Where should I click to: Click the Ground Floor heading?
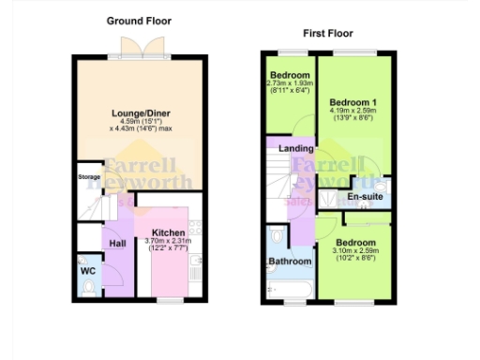[x=139, y=21]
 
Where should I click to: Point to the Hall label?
[x=117, y=244]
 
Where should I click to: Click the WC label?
[x=88, y=271]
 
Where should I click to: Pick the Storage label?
[x=89, y=175]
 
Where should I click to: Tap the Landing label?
[x=296, y=150]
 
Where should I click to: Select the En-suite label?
[x=365, y=198]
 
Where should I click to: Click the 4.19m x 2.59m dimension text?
[x=352, y=111]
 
